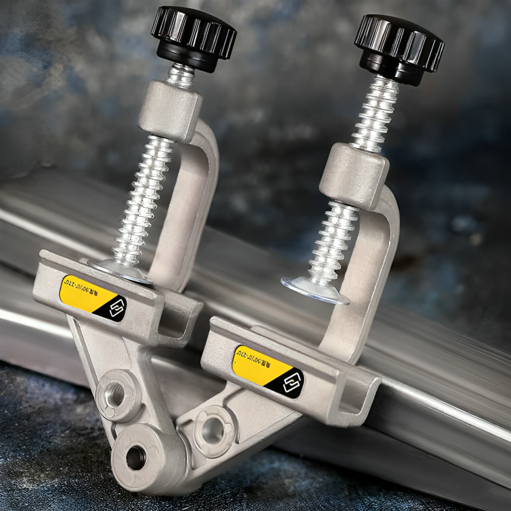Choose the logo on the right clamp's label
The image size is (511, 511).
click(291, 382)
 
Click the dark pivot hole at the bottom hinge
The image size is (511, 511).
click(136, 457)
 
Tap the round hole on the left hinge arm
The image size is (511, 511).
click(116, 393)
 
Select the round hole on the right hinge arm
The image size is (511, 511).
click(213, 429)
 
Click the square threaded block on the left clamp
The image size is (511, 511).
click(170, 110)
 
